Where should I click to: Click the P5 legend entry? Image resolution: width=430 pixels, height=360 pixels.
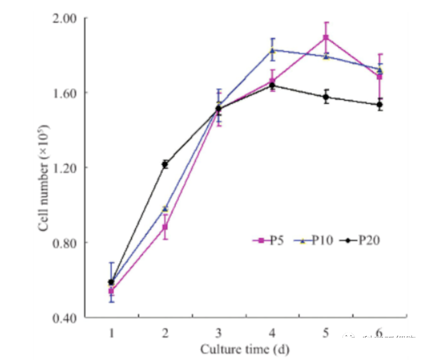coord(269,240)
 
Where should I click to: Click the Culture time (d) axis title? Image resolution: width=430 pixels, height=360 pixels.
coord(245,349)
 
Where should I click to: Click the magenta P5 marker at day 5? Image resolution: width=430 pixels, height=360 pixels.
coord(326,37)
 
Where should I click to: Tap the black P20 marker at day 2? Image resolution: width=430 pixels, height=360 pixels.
coord(165,164)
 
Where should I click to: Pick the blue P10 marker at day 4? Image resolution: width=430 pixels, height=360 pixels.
coord(272,50)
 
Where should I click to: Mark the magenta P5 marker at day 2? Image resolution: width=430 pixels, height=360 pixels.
coord(165,227)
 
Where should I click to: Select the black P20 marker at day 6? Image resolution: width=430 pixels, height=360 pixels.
coord(379,105)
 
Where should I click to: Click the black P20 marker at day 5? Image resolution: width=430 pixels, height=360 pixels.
coord(326,97)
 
